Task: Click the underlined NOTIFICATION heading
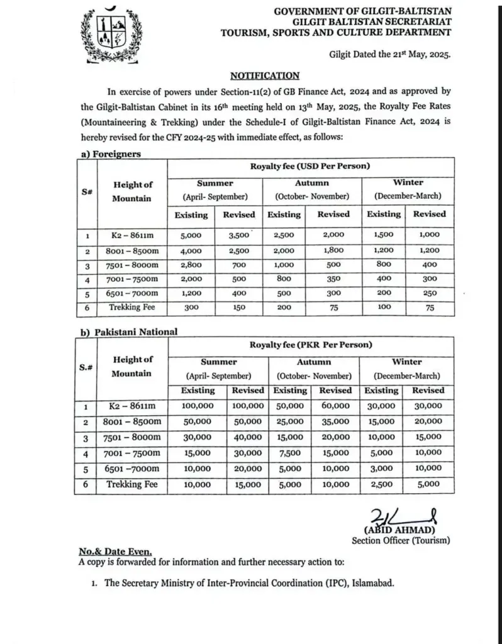[264, 75]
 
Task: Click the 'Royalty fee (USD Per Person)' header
[308, 166]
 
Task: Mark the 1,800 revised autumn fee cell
[333, 250]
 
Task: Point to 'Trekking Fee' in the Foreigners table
[132, 308]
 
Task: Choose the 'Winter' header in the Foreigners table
[408, 183]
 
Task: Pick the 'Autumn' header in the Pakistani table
[313, 362]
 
